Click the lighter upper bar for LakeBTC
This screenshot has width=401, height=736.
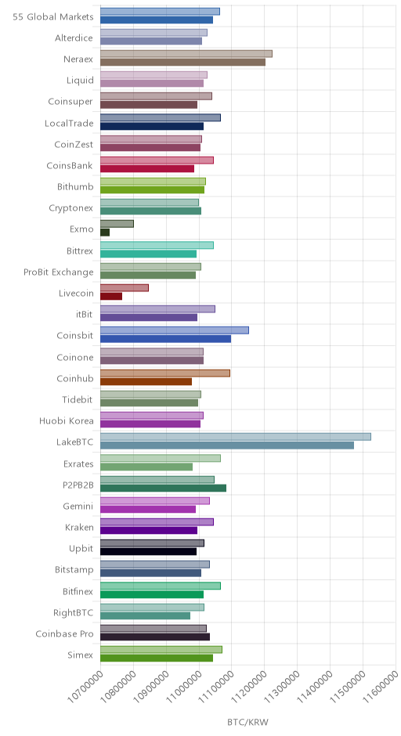click(x=236, y=437)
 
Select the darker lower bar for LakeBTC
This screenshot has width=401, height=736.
click(x=227, y=445)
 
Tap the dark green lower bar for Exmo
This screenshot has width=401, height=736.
click(x=105, y=233)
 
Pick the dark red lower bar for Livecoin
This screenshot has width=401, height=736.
click(x=111, y=296)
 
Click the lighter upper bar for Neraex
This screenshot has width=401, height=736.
click(x=186, y=53)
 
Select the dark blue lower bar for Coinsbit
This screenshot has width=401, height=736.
click(x=166, y=339)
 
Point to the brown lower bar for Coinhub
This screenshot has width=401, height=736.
click(x=146, y=381)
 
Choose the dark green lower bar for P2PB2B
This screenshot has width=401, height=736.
click(x=164, y=488)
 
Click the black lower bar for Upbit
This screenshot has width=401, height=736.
click(x=148, y=551)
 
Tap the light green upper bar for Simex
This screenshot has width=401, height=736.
click(x=161, y=649)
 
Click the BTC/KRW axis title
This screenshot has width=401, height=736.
click(x=248, y=722)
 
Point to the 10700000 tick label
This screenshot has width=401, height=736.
click(x=85, y=686)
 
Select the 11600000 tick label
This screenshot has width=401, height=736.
click(x=381, y=686)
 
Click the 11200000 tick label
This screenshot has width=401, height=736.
click(x=249, y=686)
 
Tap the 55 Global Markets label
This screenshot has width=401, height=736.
click(x=53, y=17)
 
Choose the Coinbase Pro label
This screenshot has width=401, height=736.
click(x=64, y=634)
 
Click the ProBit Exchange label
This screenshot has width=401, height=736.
click(x=59, y=272)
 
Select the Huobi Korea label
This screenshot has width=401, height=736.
click(x=67, y=421)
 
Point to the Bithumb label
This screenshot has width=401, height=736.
click(x=75, y=187)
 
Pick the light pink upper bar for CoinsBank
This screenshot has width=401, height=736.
click(x=157, y=160)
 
